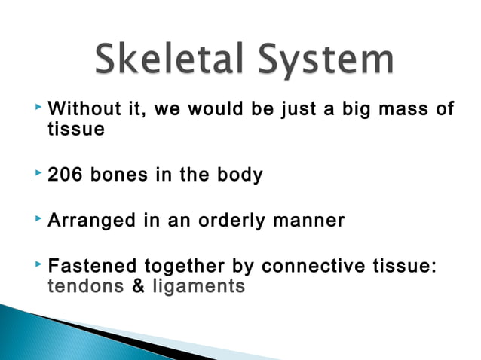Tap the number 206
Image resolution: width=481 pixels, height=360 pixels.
coord(65,175)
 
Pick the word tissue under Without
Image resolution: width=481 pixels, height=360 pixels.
coord(75,130)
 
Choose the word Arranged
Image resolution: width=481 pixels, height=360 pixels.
coord(90,221)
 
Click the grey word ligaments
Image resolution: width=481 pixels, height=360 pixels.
coord(198,286)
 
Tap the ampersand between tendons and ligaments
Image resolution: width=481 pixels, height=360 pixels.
coord(138,286)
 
